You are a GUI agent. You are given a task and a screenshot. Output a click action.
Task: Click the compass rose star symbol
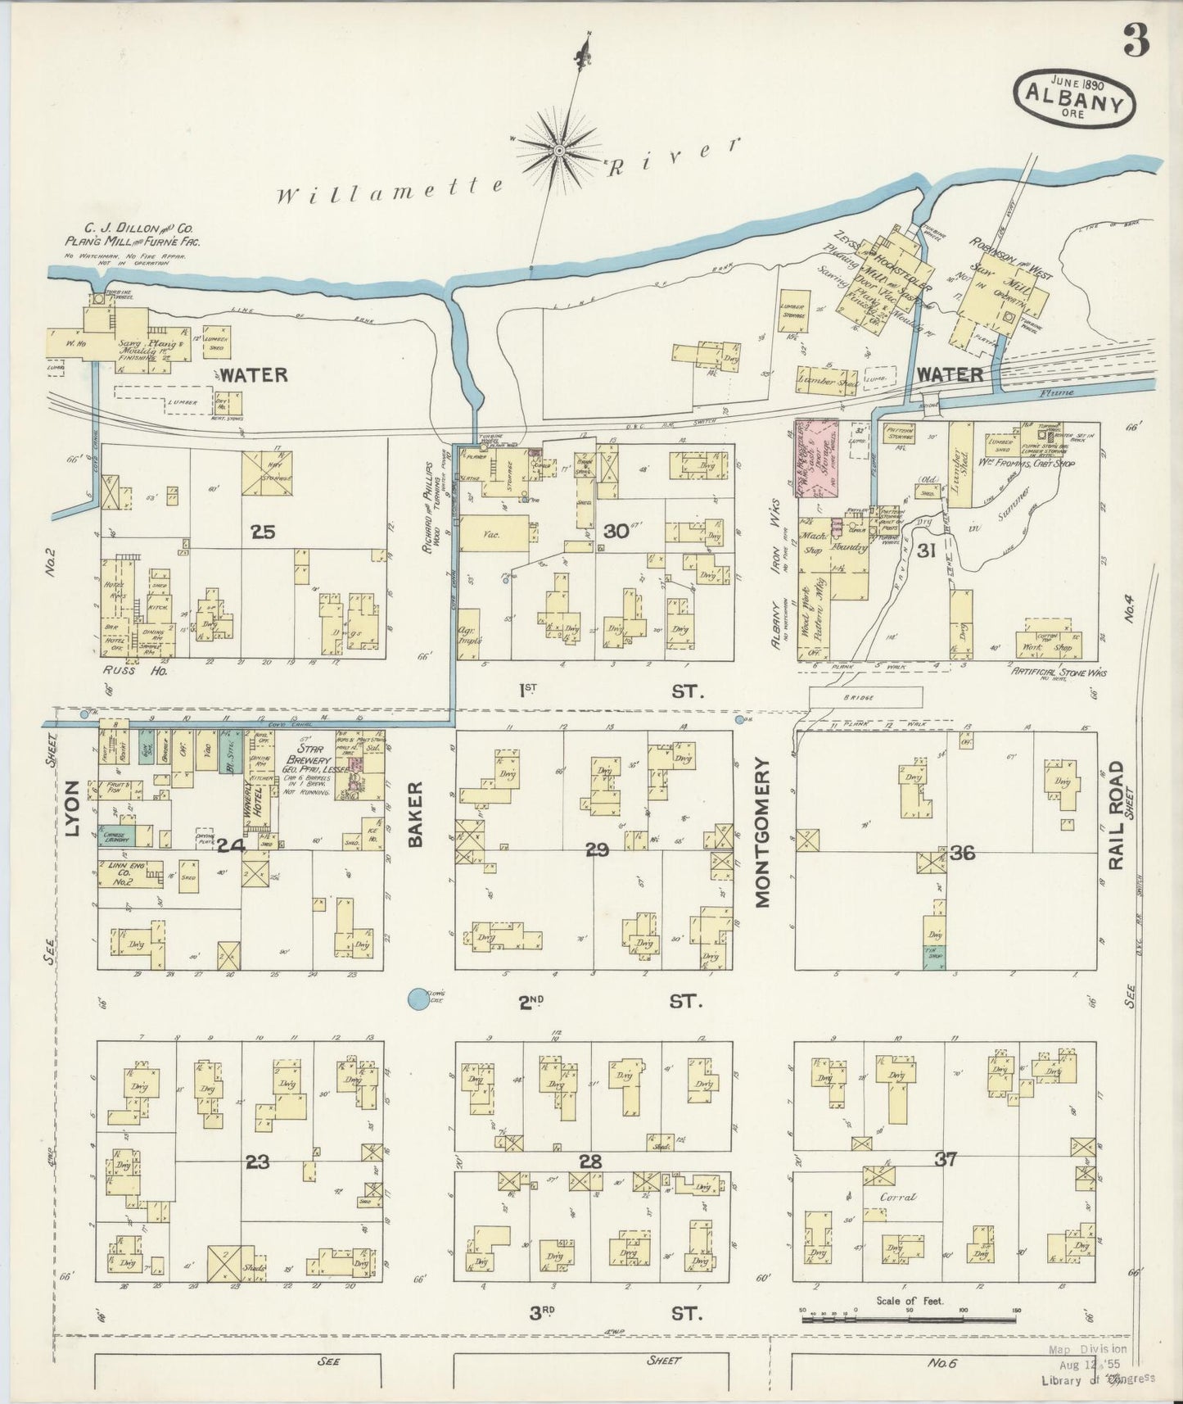(x=559, y=149)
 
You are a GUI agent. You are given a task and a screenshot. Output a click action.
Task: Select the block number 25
(x=263, y=532)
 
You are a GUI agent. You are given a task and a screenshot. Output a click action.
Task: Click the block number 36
(x=963, y=854)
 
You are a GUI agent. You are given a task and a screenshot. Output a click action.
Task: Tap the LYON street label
(x=71, y=808)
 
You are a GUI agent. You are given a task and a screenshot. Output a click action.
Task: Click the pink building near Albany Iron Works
(x=820, y=457)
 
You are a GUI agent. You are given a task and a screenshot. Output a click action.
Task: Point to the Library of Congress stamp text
(x=1097, y=1379)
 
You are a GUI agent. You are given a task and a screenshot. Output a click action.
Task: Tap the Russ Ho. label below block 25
(x=124, y=670)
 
